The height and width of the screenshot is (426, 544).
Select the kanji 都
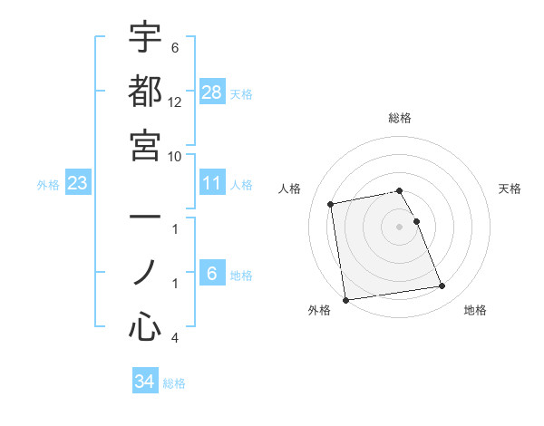coord(145,92)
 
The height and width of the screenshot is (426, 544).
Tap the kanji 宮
coord(145,145)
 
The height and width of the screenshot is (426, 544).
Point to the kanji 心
coord(145,326)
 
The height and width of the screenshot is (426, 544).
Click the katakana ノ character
coord(145,273)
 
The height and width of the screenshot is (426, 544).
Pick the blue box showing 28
coord(212,92)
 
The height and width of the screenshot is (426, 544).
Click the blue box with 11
coord(212,184)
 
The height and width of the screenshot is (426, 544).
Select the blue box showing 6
coord(212,274)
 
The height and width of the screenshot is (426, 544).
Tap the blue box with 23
coord(78,184)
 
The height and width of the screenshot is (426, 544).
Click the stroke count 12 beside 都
coord(175,102)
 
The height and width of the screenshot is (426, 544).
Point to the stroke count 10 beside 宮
coord(175,155)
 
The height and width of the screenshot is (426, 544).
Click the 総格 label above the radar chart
coord(400,118)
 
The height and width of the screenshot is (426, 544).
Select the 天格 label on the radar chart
coord(510,189)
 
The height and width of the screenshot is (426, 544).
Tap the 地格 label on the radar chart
coord(475,311)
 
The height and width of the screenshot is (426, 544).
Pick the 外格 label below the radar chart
coord(319,311)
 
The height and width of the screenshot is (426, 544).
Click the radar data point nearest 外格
coord(345,299)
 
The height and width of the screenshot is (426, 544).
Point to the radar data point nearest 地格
coord(442,286)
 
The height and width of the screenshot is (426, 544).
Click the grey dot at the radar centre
coord(400,226)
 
